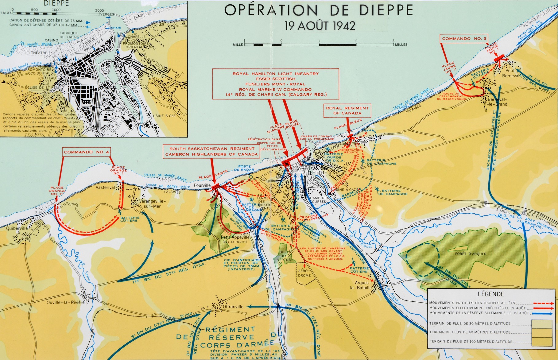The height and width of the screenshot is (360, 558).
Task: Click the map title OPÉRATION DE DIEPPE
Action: click(x=319, y=10)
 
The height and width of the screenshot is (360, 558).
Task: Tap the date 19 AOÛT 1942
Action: click(x=320, y=25)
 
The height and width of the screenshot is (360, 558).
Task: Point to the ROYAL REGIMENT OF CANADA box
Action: click(x=347, y=110)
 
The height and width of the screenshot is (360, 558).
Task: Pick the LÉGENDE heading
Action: click(x=491, y=294)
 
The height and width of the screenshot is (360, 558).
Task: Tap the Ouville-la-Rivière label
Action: click(x=66, y=302)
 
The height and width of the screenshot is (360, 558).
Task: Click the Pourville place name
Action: click(x=202, y=185)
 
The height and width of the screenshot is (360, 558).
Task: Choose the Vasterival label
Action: click(x=105, y=187)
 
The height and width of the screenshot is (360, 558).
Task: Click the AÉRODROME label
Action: click(x=304, y=273)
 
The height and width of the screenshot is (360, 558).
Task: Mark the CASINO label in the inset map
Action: click(x=51, y=40)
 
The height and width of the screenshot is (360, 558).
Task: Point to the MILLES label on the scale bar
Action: click(x=401, y=45)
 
